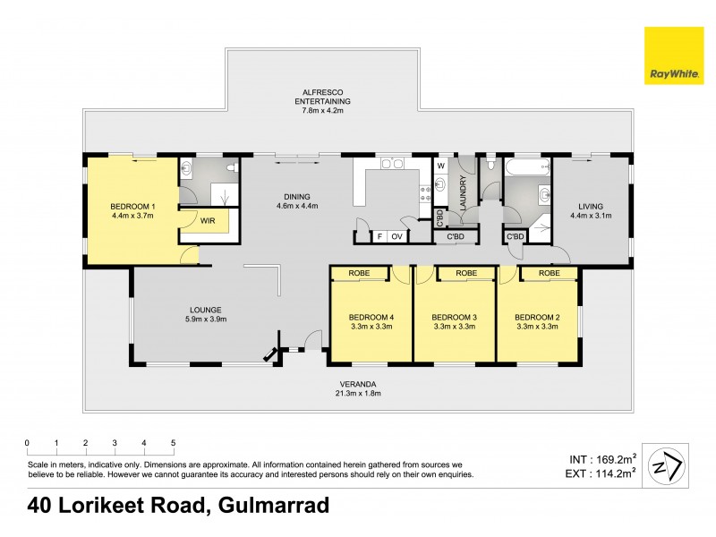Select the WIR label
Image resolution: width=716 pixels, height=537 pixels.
click(208, 219)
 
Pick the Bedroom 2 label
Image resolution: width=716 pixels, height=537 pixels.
click(537, 317)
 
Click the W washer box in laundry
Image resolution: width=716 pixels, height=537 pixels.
click(441, 166)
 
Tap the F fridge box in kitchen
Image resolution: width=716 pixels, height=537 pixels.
click(379, 236)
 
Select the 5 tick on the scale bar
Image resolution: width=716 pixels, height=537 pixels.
click(173, 443)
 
